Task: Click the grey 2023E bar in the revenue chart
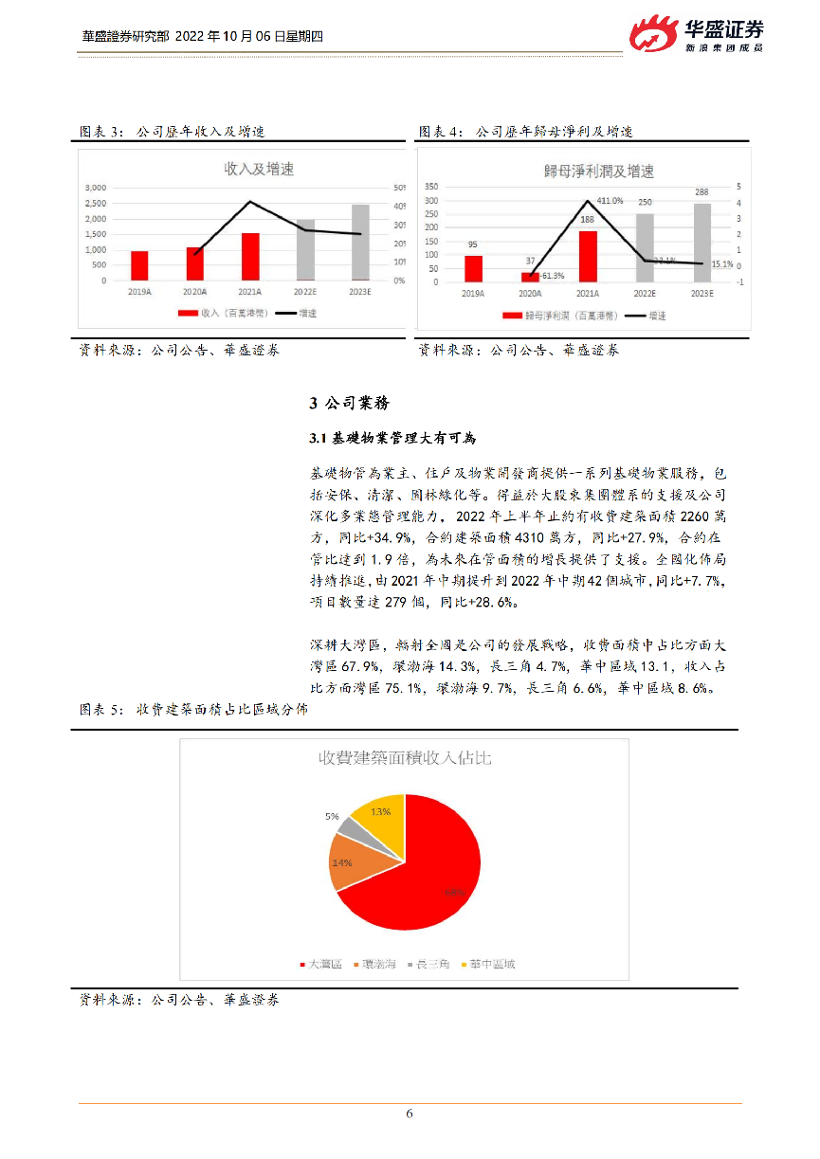click(360, 242)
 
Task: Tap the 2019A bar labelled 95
click(473, 268)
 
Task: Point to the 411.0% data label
click(610, 201)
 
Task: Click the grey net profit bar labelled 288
click(702, 243)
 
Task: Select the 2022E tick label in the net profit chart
click(645, 295)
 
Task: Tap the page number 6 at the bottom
click(410, 1114)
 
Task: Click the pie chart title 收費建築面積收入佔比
click(405, 758)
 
